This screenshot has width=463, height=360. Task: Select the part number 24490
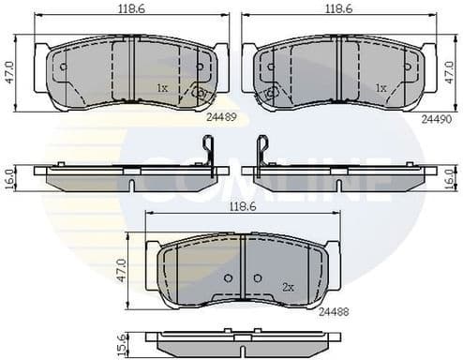pos(435,118)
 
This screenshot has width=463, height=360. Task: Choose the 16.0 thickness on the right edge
pos(451,177)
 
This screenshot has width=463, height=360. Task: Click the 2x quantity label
pos(288,287)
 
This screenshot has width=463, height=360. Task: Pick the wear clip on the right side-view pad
pos(262,151)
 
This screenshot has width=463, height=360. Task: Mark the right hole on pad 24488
pos(257,277)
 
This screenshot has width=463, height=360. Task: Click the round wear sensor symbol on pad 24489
pos(199,93)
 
